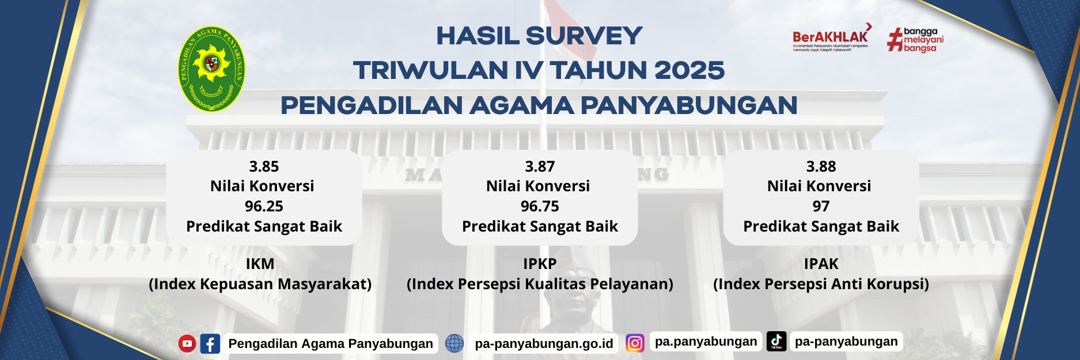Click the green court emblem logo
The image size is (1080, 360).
click(211, 69)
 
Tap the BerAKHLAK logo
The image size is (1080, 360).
click(831, 39)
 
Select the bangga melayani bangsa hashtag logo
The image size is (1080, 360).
click(915, 40)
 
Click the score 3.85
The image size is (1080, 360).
click(264, 166)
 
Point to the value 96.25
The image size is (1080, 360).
click(264, 206)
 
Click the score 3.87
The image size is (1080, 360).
click(540, 166)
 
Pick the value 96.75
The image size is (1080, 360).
click(540, 206)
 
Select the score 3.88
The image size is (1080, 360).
click(821, 166)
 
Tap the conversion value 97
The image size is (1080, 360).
click(821, 206)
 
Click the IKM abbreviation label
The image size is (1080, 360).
click(260, 264)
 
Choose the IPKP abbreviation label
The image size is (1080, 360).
click(540, 264)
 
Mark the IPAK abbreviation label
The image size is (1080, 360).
click(821, 264)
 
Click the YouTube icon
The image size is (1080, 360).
click(187, 343)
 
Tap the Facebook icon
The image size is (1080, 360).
click(210, 344)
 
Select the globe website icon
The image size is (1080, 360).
click(454, 343)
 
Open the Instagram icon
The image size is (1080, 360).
click(635, 343)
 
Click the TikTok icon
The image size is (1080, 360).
click(776, 341)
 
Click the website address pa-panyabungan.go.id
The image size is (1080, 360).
click(544, 343)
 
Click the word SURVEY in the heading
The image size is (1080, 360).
click(583, 36)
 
